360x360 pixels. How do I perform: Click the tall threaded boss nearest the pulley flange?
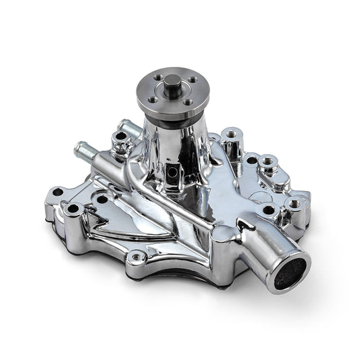pyautogui.click(x=232, y=135)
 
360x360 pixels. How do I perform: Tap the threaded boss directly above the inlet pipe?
pyautogui.click(x=295, y=203)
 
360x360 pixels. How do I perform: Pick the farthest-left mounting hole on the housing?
pyautogui.click(x=57, y=192)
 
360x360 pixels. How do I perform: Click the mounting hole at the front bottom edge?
pyautogui.click(x=138, y=255)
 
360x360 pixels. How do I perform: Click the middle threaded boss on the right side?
pyautogui.click(x=268, y=162)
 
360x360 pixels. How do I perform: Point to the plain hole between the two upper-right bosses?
pyautogui.click(x=251, y=161)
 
